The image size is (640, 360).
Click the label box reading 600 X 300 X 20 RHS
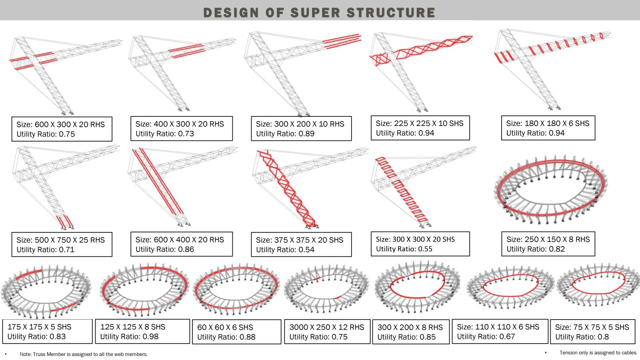pos(62,129)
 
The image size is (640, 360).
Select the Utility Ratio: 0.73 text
pos(164,134)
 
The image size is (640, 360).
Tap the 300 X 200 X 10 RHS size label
pos(300,124)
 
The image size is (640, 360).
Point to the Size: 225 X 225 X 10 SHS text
pos(420,124)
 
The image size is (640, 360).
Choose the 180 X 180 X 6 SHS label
pos(548,124)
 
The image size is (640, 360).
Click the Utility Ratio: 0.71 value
pos(46,250)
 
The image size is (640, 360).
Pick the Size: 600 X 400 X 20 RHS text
pos(180,240)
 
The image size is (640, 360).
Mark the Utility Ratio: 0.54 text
pos(285,250)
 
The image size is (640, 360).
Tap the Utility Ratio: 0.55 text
pos(404,249)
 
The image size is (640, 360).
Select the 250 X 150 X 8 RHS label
pos(548,240)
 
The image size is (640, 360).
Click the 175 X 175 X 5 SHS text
pos(40,327)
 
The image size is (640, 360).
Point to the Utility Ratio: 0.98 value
pos(129,336)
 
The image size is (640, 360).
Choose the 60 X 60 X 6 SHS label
pos(225,328)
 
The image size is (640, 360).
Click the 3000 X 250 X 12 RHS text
pos(326,327)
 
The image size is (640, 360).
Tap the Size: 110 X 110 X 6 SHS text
pos(498,327)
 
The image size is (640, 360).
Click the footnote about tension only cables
pos(598,353)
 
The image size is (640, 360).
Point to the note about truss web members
pos(84,354)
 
